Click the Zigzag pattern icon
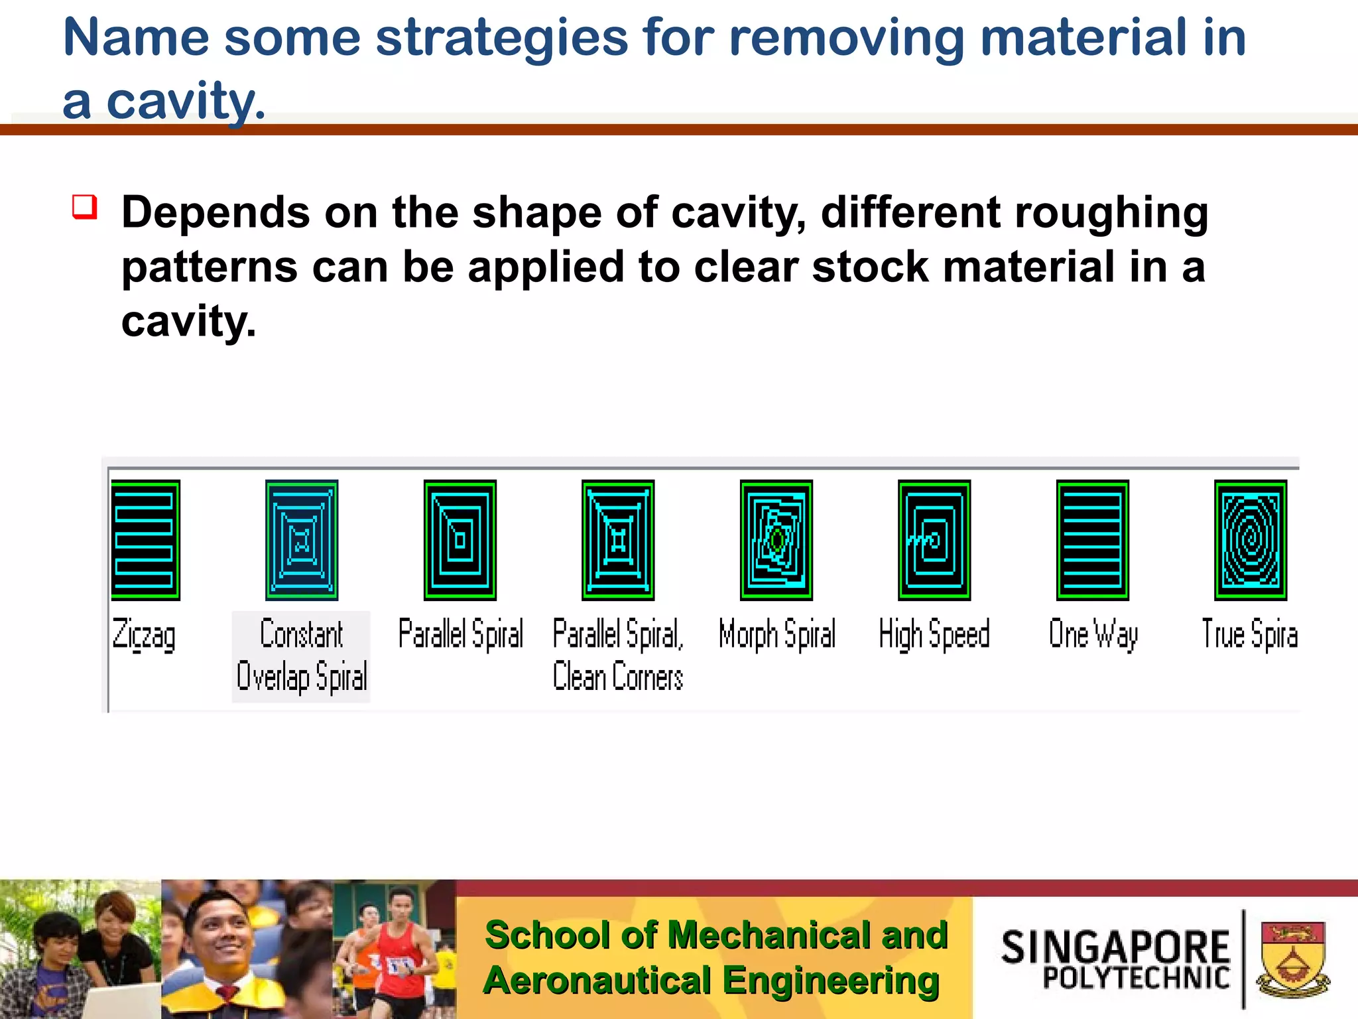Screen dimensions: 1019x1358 click(x=145, y=540)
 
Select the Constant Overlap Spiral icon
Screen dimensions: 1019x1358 click(x=302, y=540)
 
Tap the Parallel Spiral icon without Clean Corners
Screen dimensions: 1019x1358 click(x=460, y=540)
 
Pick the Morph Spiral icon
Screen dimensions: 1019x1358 click(x=776, y=540)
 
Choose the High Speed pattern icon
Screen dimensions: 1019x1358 click(x=934, y=540)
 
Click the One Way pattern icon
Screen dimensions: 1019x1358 click(x=1092, y=540)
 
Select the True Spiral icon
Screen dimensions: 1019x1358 click(x=1250, y=540)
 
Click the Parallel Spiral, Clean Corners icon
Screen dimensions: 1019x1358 click(x=618, y=540)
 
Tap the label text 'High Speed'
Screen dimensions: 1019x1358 click(x=934, y=634)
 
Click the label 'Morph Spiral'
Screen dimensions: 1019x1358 click(x=776, y=634)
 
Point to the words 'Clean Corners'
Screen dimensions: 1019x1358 click(x=617, y=677)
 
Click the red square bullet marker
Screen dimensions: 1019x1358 click(x=85, y=207)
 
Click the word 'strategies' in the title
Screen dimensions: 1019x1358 click(x=501, y=38)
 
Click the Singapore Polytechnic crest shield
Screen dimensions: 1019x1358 click(x=1292, y=957)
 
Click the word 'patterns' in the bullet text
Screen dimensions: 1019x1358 click(x=210, y=267)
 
